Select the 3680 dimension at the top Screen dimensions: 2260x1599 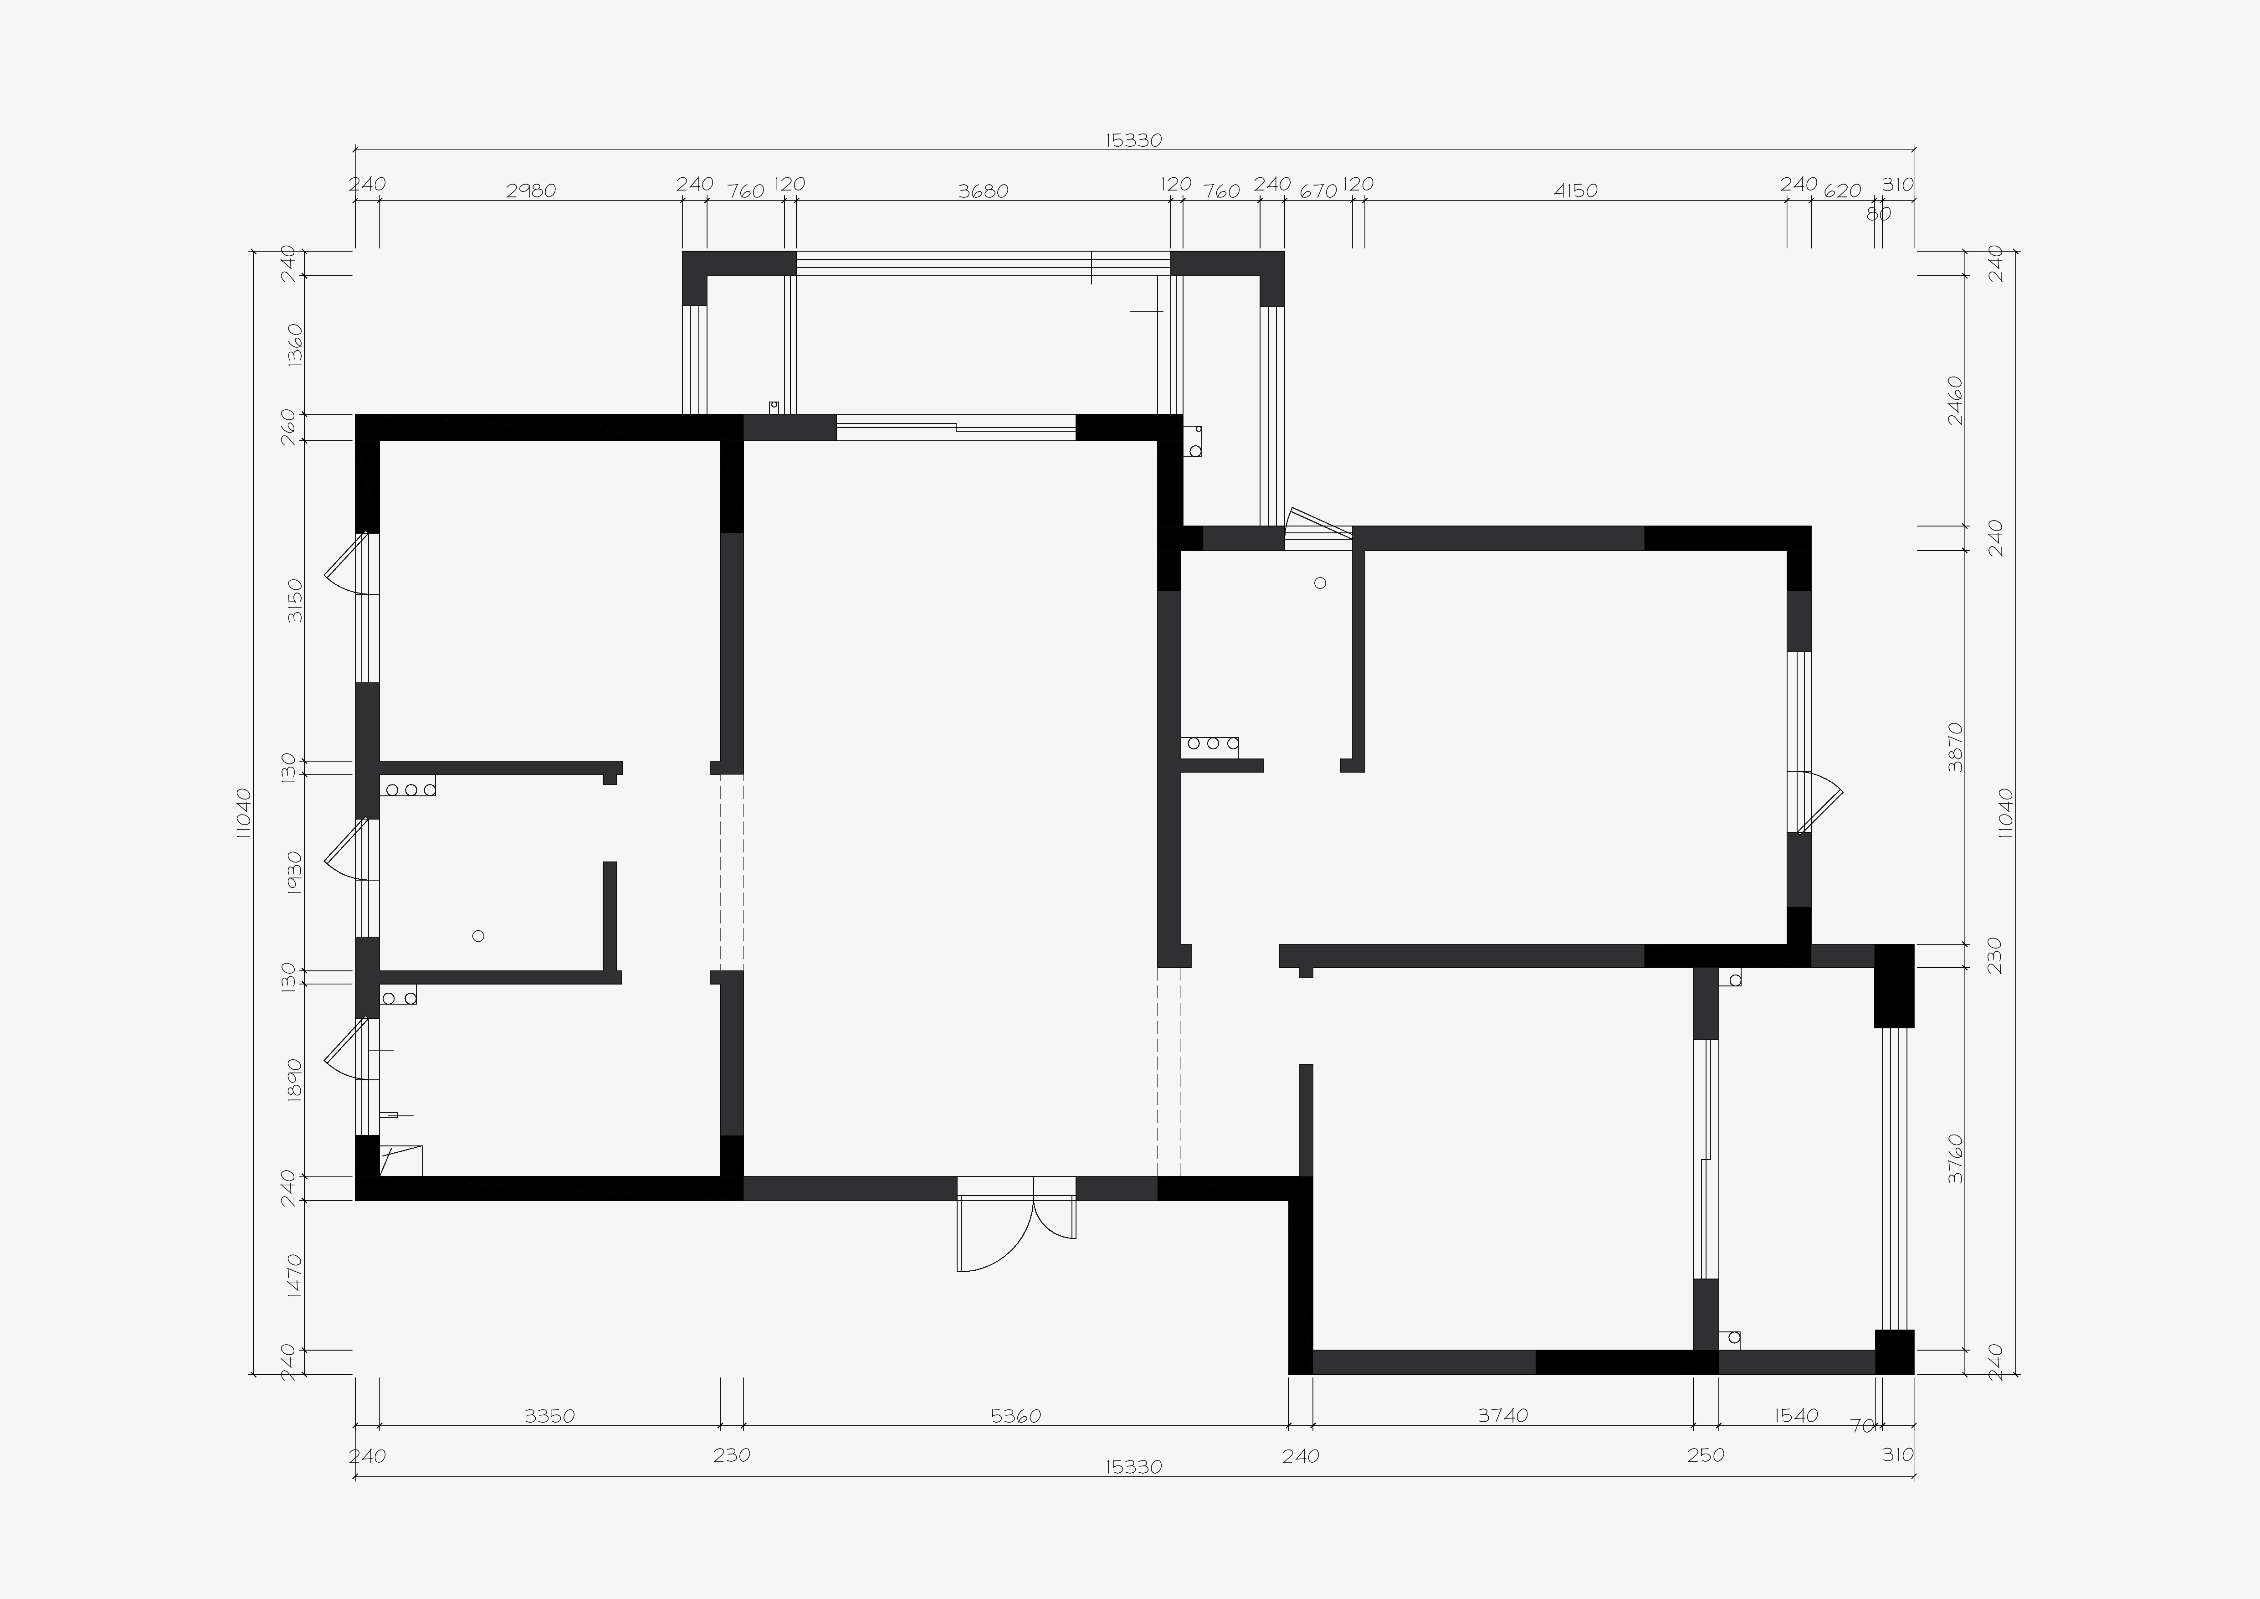[984, 191]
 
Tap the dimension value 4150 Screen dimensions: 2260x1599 [1575, 191]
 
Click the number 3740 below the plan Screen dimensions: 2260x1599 [1503, 1416]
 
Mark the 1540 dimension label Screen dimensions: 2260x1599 [1795, 1416]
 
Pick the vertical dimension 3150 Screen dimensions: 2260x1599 [294, 601]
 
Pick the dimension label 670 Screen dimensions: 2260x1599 [1318, 191]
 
